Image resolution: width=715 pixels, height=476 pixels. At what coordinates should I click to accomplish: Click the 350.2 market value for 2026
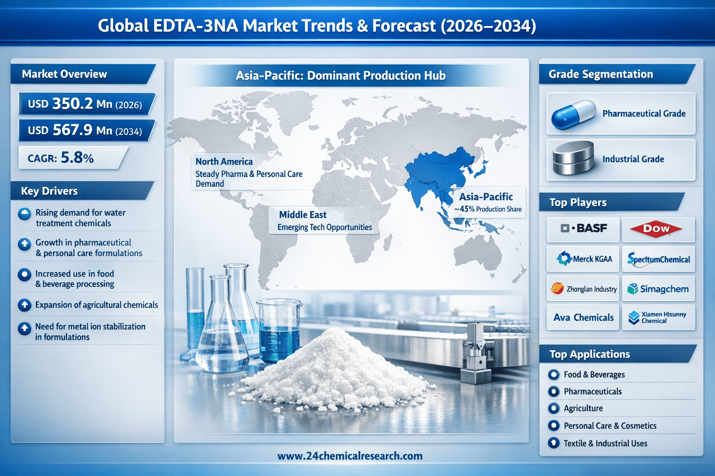(73, 104)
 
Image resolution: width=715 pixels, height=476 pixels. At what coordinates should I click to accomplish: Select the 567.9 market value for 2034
(73, 130)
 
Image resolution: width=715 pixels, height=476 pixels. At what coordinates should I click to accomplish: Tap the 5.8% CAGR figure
(77, 158)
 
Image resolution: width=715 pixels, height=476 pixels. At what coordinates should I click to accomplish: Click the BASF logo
(583, 228)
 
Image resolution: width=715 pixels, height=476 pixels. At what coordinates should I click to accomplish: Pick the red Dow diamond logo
(656, 229)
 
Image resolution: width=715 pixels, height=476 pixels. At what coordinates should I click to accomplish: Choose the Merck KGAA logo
(584, 258)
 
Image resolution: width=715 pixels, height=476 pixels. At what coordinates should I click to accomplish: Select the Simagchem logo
(658, 289)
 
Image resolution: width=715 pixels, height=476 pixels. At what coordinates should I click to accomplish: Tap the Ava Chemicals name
(583, 317)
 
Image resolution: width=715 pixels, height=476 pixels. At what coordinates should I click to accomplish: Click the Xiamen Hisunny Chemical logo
(657, 317)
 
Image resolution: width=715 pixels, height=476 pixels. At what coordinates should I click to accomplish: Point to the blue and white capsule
(573, 114)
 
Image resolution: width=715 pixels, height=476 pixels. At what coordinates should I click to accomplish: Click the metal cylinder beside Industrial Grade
(573, 158)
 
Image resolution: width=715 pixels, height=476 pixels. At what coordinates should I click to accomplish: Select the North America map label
(224, 162)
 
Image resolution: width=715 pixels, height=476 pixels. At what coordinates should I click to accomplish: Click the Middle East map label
(303, 215)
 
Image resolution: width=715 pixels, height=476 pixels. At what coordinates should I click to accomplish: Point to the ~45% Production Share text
(488, 209)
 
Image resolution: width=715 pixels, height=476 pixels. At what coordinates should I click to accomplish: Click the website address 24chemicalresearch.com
(350, 456)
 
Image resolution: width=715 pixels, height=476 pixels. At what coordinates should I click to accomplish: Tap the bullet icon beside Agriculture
(553, 409)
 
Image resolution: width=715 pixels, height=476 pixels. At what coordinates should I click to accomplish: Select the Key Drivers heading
(49, 191)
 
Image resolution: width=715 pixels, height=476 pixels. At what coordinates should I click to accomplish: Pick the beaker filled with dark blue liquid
(279, 331)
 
